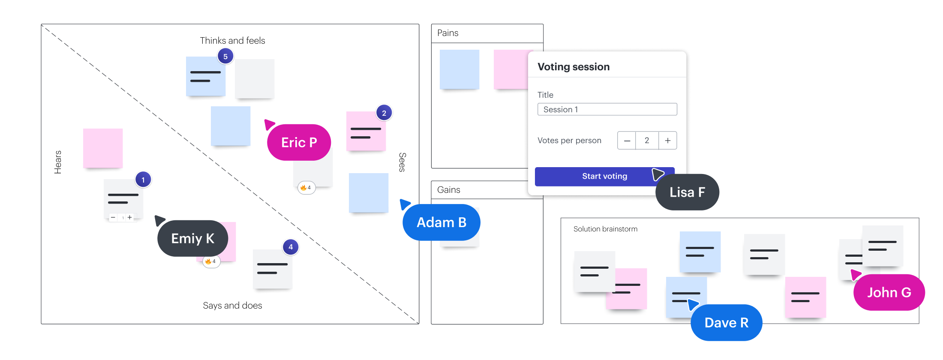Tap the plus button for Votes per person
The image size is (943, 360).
click(x=667, y=141)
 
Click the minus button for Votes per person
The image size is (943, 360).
click(x=627, y=141)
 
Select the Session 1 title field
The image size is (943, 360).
click(x=607, y=109)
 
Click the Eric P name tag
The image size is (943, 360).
click(x=299, y=142)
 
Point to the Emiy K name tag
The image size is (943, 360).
click(x=192, y=238)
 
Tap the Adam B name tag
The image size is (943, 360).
click(x=441, y=222)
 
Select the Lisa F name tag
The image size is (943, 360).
click(x=687, y=192)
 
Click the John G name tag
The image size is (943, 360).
click(x=889, y=292)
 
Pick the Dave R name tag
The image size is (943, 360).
click(x=726, y=323)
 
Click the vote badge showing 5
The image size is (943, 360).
click(x=225, y=57)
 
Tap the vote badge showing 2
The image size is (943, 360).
click(x=384, y=113)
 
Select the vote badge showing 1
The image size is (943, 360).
click(x=143, y=180)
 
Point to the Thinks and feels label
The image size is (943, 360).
click(x=232, y=41)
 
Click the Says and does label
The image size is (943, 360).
click(x=232, y=306)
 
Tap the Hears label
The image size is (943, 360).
click(x=58, y=162)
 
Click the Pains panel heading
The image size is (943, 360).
click(x=447, y=33)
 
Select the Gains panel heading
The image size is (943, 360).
click(x=448, y=190)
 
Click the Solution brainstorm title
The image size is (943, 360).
click(x=605, y=229)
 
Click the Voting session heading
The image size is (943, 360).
click(x=574, y=67)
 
